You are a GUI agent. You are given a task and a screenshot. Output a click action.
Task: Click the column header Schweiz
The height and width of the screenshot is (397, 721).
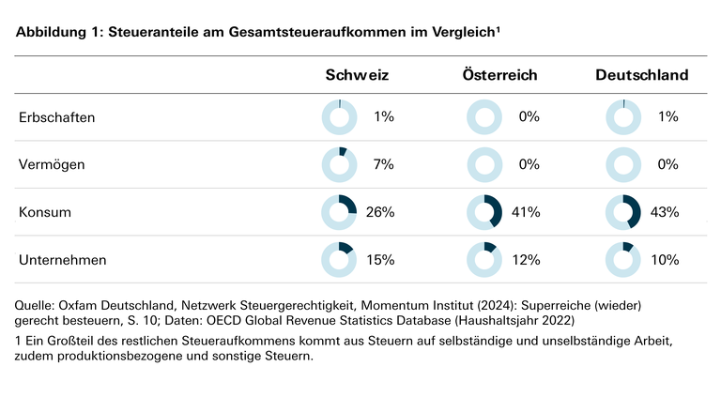(357, 75)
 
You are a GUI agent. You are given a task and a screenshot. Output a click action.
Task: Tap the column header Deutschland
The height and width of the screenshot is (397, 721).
(642, 75)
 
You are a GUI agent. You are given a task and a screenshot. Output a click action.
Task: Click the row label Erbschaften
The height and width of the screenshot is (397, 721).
(57, 117)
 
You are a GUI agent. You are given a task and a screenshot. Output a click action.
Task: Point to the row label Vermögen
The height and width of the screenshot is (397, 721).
(54, 164)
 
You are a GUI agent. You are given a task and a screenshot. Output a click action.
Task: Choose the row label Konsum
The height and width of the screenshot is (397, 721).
(45, 212)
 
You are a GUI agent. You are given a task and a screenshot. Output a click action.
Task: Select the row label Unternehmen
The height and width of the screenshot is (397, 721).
(62, 259)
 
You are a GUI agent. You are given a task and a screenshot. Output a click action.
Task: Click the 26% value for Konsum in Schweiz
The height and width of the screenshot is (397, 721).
(380, 212)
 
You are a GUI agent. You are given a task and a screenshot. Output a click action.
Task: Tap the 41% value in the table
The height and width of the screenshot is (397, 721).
(526, 212)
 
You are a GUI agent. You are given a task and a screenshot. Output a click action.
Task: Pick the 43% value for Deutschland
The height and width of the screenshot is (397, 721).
(665, 212)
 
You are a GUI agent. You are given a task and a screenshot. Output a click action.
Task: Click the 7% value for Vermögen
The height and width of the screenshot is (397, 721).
(383, 164)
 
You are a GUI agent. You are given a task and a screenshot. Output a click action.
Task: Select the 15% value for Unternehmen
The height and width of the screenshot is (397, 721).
(380, 259)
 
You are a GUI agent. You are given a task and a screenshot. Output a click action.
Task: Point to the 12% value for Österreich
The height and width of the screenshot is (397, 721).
(526, 259)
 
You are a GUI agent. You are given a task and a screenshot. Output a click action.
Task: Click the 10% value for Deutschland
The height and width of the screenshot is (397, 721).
(665, 259)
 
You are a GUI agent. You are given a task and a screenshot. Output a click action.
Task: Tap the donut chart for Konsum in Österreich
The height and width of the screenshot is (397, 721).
(484, 212)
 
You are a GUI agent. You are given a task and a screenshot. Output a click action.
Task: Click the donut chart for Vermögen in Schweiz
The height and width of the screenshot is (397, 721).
(339, 164)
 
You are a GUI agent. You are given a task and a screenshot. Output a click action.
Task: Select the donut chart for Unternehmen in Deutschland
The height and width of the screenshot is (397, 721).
(623, 259)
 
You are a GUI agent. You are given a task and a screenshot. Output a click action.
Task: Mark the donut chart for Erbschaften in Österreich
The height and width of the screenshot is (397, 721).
(484, 117)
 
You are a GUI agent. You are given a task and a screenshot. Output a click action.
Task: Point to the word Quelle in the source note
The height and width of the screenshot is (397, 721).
(37, 306)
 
